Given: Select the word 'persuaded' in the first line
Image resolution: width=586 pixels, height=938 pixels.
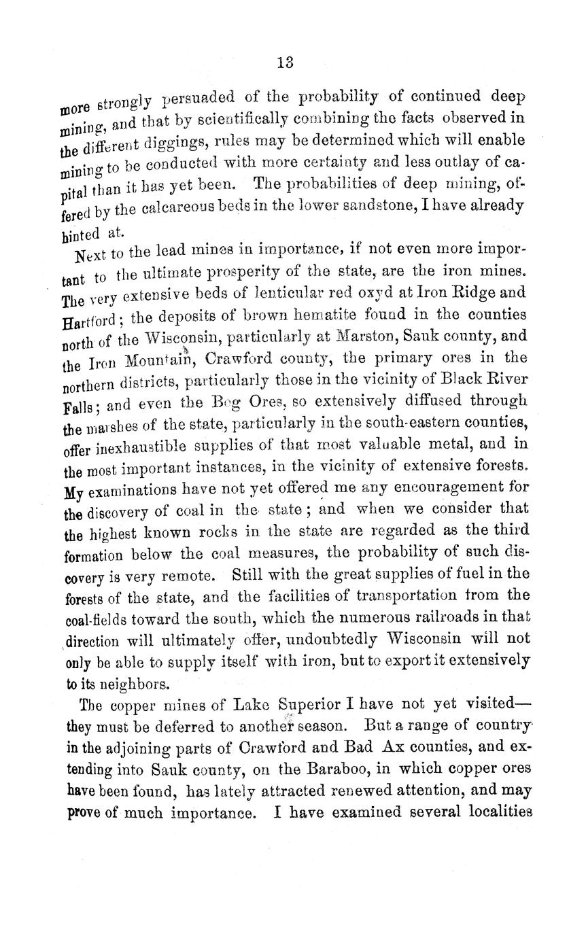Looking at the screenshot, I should [x=201, y=97].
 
